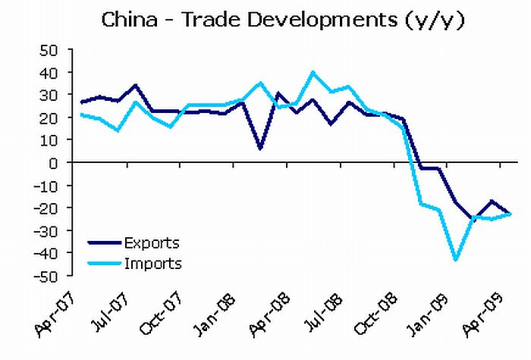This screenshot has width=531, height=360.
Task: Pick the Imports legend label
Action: (x=154, y=264)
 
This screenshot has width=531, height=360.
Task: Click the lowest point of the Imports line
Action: (x=456, y=260)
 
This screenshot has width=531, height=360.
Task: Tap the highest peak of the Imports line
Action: (x=313, y=73)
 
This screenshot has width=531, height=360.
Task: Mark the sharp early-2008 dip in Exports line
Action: (x=260, y=149)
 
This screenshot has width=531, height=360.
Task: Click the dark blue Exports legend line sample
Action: (x=104, y=243)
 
